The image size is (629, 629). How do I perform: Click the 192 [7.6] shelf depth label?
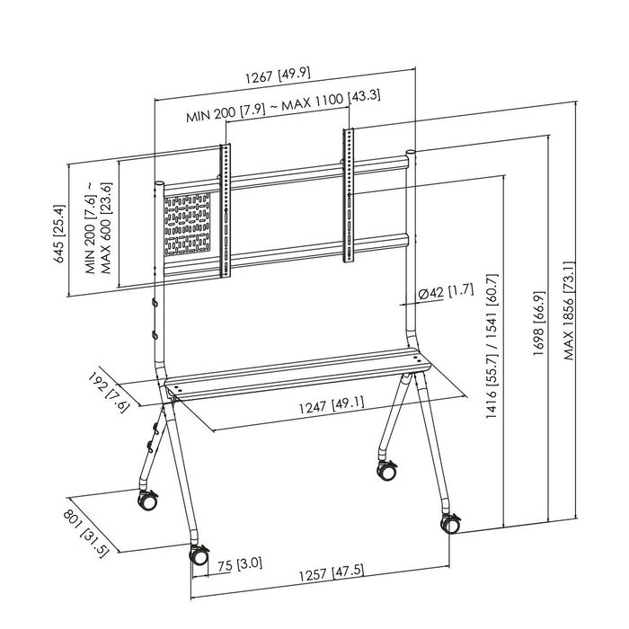pyautogui.click(x=115, y=390)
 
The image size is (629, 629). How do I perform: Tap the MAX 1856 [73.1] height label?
pyautogui.click(x=570, y=311)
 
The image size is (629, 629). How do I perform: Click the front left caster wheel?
pyautogui.click(x=196, y=554)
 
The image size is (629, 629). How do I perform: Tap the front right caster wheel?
pyautogui.click(x=448, y=523)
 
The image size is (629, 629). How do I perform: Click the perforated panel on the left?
pyautogui.click(x=190, y=226)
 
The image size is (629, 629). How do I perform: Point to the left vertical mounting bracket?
pyautogui.click(x=225, y=207)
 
